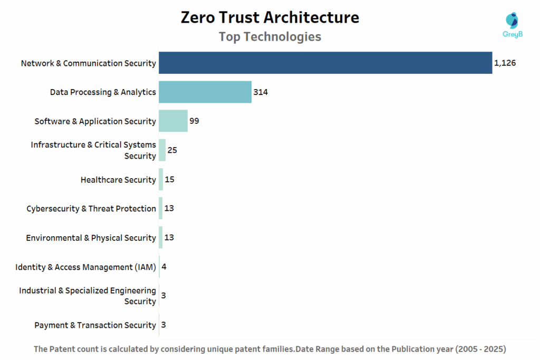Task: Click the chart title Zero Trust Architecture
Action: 269,17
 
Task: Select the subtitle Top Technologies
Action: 269,37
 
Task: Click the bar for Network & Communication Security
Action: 325,63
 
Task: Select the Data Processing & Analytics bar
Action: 205,92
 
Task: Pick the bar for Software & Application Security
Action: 173,121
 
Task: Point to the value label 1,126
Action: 504,63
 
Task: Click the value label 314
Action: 261,92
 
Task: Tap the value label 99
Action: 194,121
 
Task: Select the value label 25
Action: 172,150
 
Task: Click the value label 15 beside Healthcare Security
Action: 169,180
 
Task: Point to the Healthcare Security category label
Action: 118,180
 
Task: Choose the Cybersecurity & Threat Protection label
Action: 91,209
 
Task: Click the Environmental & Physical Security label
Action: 91,238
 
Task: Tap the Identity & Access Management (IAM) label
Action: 85,267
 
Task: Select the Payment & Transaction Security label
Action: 95,325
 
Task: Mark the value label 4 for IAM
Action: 164,267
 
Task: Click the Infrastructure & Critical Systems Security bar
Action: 162,150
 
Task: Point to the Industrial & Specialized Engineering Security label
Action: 88,296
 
